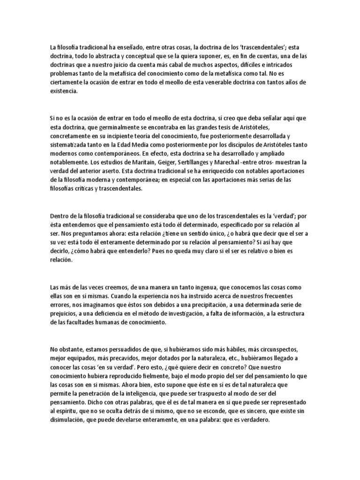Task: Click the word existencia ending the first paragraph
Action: click(x=64, y=92)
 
